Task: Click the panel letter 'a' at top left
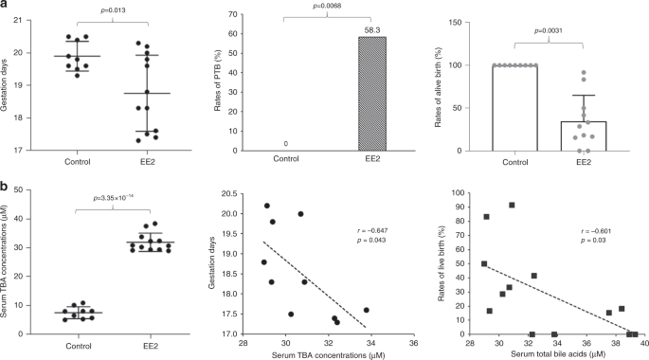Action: coord(5,7)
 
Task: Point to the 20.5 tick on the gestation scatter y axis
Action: coord(228,193)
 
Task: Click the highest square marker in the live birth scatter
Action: coord(512,206)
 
